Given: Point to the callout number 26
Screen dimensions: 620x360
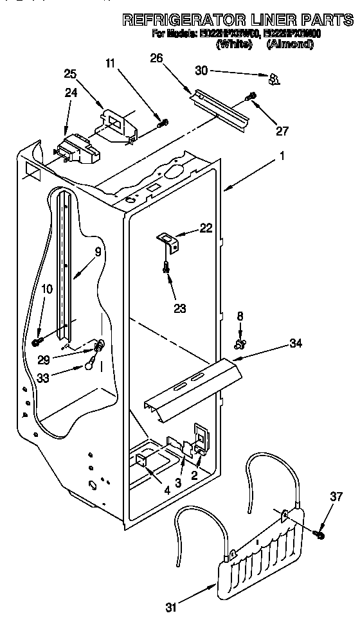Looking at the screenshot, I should point(156,58).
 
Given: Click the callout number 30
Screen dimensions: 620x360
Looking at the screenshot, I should point(202,69).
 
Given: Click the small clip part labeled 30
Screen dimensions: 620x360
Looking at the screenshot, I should point(274,78).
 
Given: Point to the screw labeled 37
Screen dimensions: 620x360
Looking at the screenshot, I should point(318,533).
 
